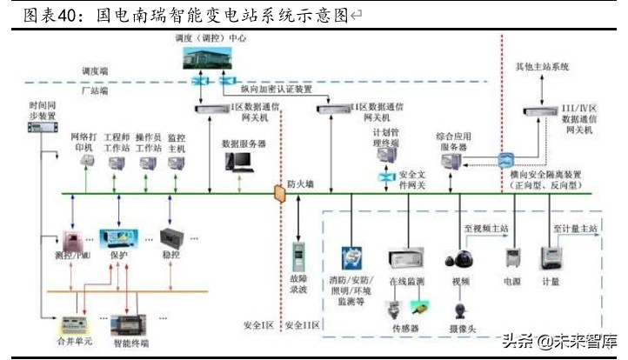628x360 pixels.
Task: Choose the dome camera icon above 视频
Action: pos(459,259)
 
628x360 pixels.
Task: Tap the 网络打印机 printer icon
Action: pos(84,163)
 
